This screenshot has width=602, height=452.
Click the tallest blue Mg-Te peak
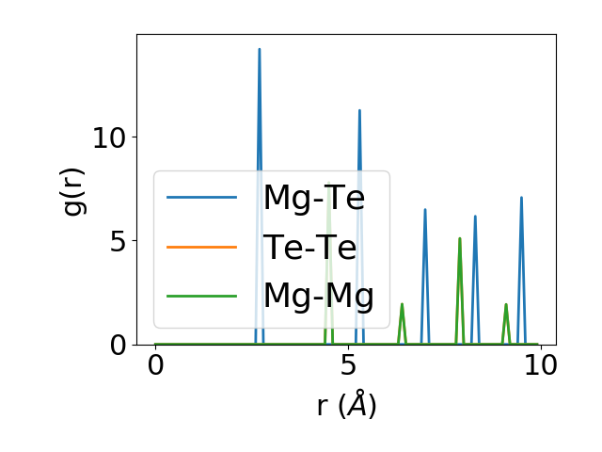coord(259,50)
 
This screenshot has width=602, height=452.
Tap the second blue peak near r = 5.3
coord(359,111)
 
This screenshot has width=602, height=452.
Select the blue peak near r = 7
coord(425,210)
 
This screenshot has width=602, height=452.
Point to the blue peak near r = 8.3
coord(475,217)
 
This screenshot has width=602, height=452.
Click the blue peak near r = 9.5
coord(521,198)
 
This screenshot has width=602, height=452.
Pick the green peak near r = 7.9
coord(459,239)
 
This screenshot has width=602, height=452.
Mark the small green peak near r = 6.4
coord(402,304)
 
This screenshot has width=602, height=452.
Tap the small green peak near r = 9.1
coord(506,304)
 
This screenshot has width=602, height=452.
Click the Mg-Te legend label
coord(313,198)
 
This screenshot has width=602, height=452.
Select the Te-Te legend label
coord(309,247)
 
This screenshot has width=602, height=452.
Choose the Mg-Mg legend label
coord(318,296)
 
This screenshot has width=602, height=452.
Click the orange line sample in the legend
coord(201,247)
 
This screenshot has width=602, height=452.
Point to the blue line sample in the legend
coord(201,198)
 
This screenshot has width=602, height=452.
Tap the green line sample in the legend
coord(201,296)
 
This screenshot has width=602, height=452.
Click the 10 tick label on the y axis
coord(109,137)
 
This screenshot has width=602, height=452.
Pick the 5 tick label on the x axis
coord(348,368)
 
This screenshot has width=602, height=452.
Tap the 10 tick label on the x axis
coord(540,368)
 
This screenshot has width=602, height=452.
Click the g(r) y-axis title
coord(73,189)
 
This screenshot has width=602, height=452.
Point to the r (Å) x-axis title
coord(346,406)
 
